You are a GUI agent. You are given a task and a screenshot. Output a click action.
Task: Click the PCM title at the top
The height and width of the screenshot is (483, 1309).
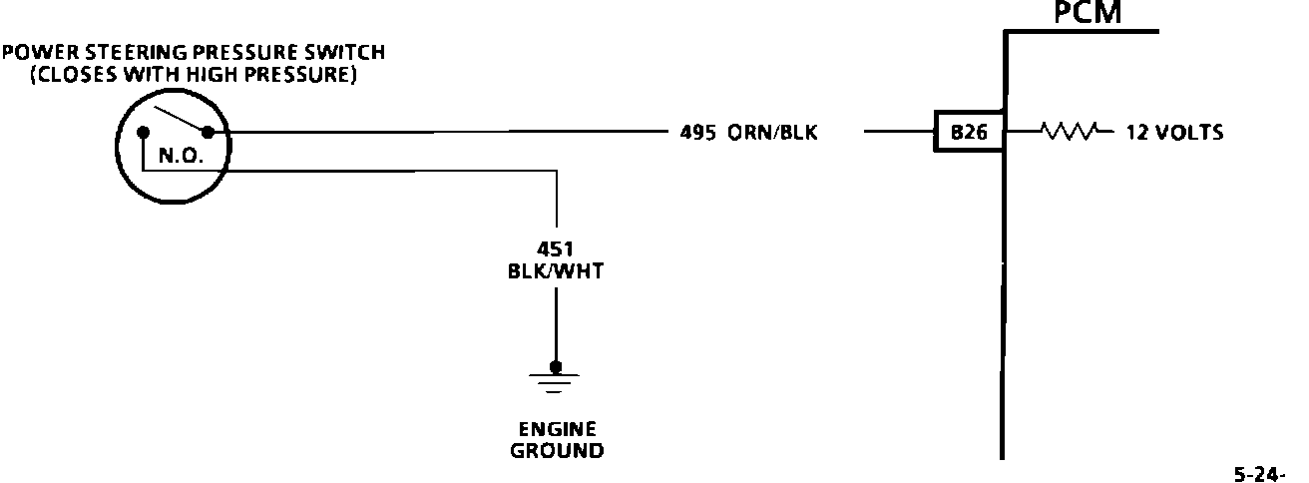click(1087, 13)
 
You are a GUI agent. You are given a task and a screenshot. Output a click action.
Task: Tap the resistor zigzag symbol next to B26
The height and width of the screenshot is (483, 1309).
click(1070, 131)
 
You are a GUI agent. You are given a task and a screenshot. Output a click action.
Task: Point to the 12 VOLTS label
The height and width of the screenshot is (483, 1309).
click(1174, 132)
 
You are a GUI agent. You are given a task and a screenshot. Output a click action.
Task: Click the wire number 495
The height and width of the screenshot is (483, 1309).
click(697, 132)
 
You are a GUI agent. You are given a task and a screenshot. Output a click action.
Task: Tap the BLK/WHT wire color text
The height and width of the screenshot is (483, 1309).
click(556, 271)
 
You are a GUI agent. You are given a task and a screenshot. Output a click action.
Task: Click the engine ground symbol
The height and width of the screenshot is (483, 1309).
click(556, 378)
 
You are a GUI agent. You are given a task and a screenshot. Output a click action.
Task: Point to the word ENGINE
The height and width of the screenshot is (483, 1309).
click(557, 430)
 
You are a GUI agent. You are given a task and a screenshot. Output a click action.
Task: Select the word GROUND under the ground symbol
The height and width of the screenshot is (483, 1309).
click(557, 451)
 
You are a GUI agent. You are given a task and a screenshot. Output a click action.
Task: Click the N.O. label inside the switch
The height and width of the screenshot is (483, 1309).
click(181, 157)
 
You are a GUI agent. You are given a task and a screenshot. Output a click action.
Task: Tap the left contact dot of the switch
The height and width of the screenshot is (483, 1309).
click(144, 133)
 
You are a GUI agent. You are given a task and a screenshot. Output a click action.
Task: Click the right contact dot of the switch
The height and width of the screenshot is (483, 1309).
click(208, 132)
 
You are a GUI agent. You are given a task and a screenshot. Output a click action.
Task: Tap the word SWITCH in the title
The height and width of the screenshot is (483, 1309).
click(350, 51)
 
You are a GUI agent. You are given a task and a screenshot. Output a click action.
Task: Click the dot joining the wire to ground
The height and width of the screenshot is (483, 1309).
click(556, 366)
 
